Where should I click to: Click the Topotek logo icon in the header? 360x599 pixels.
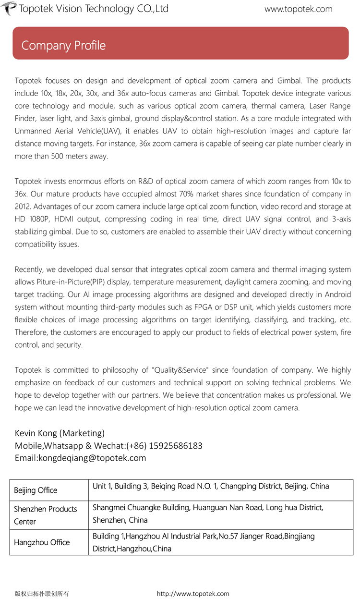click(x=9, y=8)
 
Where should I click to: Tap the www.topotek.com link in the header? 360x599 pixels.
click(x=298, y=9)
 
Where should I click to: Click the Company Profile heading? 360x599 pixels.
click(x=63, y=46)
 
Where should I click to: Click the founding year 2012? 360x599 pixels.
click(x=23, y=207)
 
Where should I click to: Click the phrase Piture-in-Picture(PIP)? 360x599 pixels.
click(x=75, y=282)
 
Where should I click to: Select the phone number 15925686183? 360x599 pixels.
click(x=176, y=446)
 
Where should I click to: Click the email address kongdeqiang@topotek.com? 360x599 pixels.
click(x=92, y=458)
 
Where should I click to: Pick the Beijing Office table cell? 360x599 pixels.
click(x=36, y=490)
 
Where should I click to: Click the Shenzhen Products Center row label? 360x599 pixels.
click(x=45, y=515)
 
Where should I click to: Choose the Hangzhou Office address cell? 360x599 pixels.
click(x=204, y=542)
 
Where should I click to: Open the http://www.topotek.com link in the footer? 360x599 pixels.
click(x=193, y=594)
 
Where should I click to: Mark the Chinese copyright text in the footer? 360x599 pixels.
click(x=42, y=594)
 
